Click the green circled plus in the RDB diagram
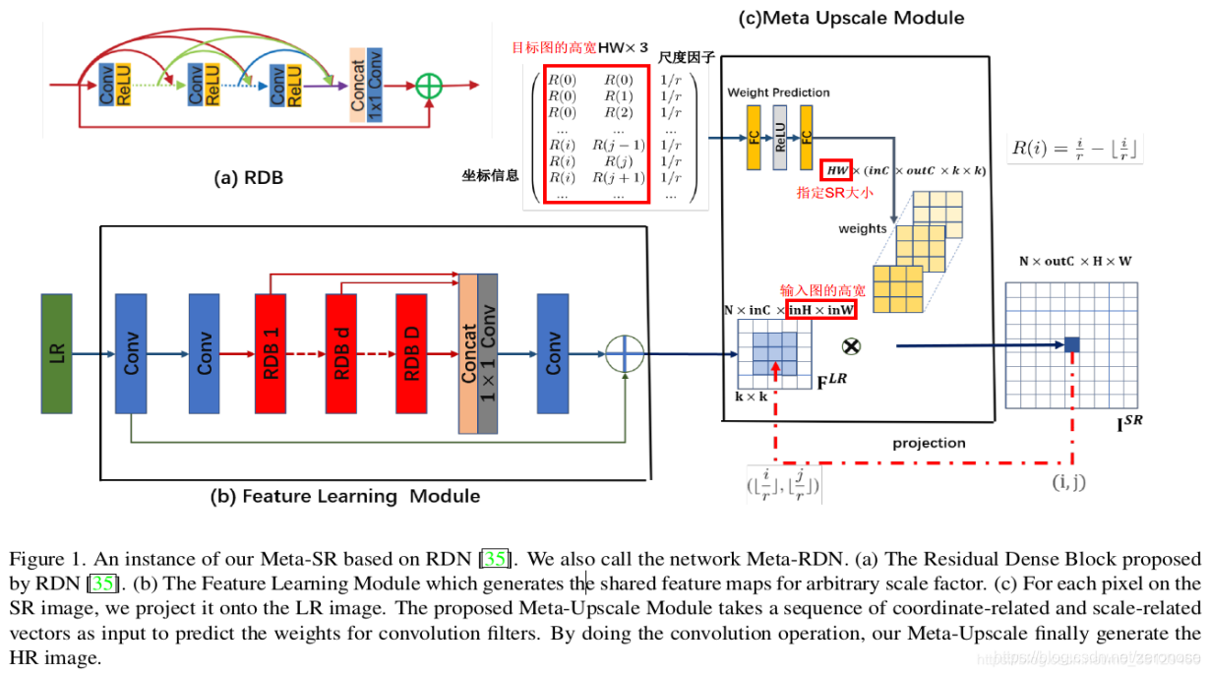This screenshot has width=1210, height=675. click(x=429, y=86)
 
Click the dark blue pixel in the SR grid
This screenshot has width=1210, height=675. click(x=1071, y=344)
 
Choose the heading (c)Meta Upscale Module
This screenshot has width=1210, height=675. click(x=851, y=18)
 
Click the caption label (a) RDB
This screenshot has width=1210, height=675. click(x=249, y=178)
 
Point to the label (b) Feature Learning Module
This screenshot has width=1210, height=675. click(x=345, y=496)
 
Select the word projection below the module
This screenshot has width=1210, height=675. click(x=929, y=443)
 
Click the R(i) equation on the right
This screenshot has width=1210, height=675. click(x=1076, y=150)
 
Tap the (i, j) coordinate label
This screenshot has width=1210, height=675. click(x=1070, y=483)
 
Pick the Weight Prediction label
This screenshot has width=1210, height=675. click(x=778, y=92)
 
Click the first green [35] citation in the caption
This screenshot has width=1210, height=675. click(x=495, y=560)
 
